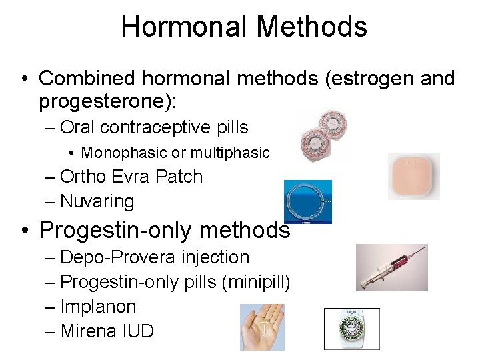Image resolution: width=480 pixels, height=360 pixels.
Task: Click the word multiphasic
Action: [230, 153]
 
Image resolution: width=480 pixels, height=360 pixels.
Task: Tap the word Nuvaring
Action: [97, 201]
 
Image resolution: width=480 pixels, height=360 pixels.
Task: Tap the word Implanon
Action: [98, 307]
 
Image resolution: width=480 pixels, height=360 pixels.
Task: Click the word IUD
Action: [137, 331]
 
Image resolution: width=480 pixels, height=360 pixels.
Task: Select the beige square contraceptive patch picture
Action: [413, 176]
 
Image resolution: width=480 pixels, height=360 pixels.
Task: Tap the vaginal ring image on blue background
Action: [307, 202]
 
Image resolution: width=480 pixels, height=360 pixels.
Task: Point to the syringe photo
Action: [392, 267]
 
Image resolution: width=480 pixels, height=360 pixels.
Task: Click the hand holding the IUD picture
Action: [262, 327]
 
